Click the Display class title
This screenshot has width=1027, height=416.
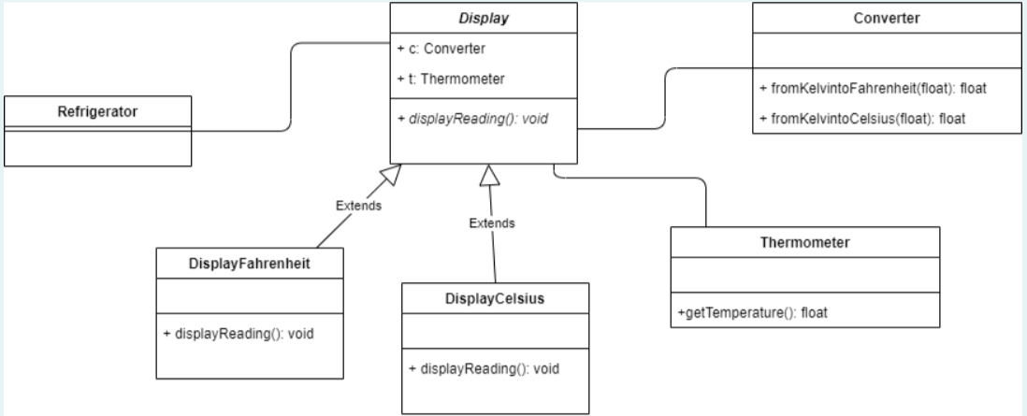(483, 18)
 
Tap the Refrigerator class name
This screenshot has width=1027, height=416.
(97, 111)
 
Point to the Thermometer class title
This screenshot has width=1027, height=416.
(805, 242)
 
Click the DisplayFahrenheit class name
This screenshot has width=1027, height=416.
(249, 265)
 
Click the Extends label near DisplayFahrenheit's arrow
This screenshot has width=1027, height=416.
(360, 206)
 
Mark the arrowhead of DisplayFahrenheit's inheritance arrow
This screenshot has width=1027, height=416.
(395, 173)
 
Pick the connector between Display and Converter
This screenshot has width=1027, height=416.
(665, 98)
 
